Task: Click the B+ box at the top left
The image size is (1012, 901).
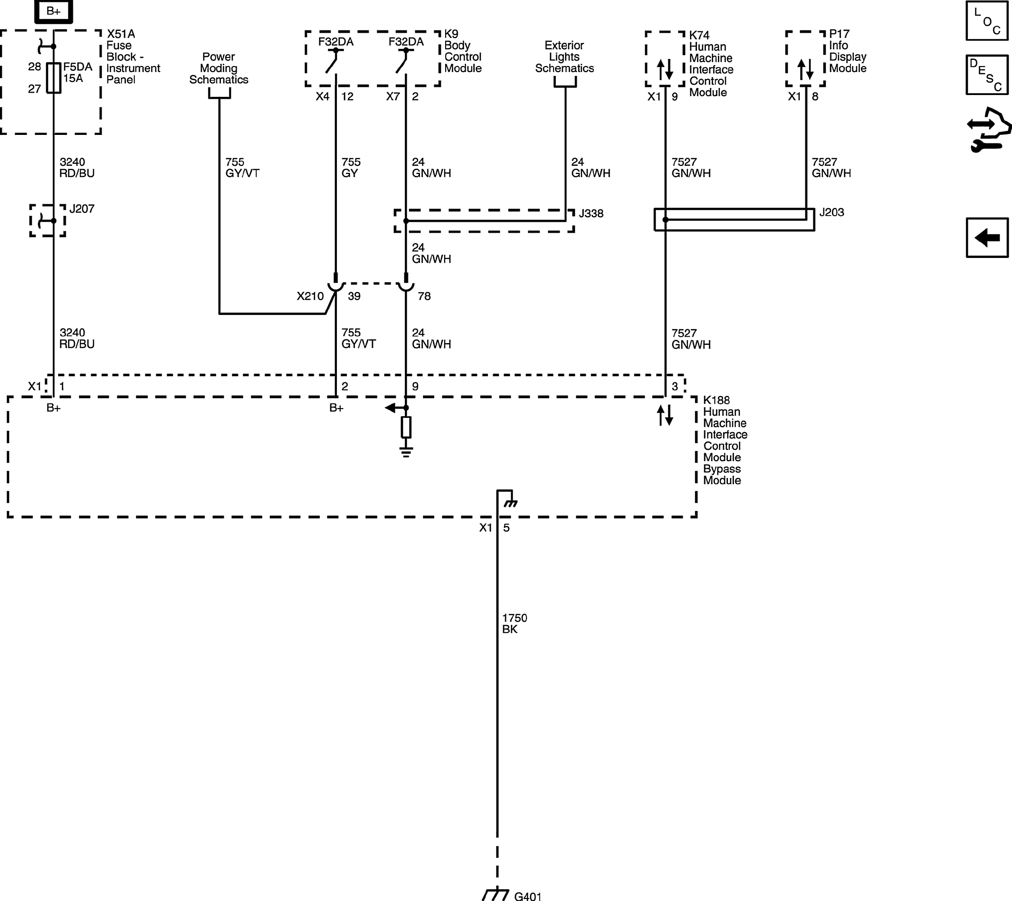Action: (x=54, y=11)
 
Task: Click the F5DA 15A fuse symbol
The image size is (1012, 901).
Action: (x=54, y=78)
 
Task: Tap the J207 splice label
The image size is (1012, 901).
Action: (x=82, y=209)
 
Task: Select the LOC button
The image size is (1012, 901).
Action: (x=987, y=21)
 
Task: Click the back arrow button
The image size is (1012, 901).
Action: (x=987, y=237)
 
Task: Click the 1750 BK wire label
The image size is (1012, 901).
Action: (x=514, y=623)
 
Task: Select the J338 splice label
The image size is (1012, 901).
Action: (x=591, y=213)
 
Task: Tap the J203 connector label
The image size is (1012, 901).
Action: (x=831, y=212)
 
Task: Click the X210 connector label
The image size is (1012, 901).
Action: (x=310, y=296)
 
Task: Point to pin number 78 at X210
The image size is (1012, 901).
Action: (x=424, y=296)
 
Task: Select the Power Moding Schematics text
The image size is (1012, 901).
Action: (x=219, y=68)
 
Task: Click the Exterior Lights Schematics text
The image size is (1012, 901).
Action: (x=564, y=57)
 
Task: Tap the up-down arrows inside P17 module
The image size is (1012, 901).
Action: (x=805, y=70)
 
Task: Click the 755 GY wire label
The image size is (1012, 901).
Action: (x=351, y=167)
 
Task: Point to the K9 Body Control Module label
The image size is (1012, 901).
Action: (x=462, y=51)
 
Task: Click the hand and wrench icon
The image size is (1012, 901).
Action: (x=988, y=130)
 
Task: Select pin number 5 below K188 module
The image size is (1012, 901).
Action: (x=506, y=528)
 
